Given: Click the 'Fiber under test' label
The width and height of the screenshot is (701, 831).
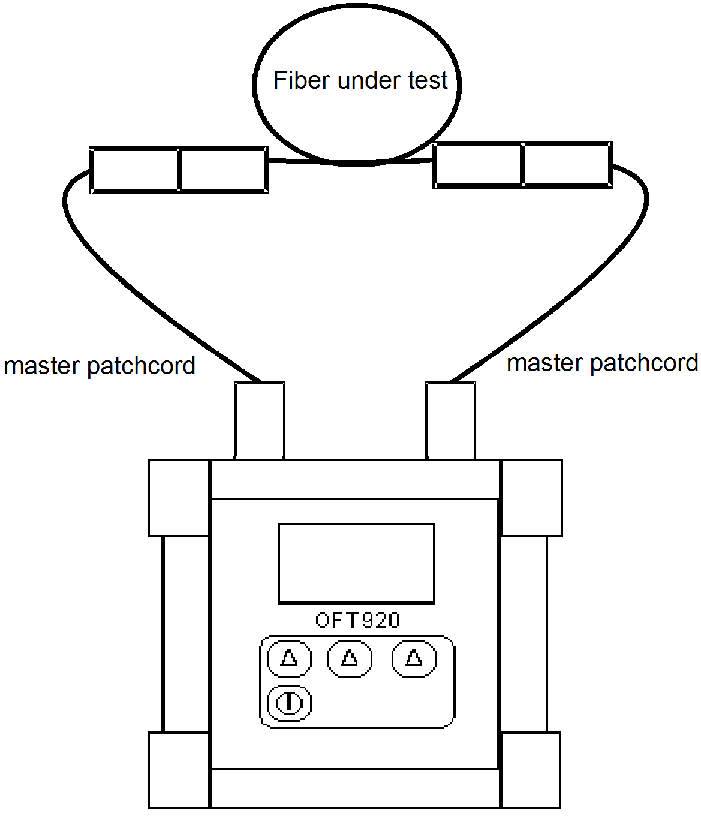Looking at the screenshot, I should [x=360, y=80].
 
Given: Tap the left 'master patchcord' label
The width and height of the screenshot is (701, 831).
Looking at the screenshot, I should [x=100, y=366].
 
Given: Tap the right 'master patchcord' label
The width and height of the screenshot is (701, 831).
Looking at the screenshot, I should [x=602, y=363].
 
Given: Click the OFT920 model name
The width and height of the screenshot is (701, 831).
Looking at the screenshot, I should [x=357, y=620].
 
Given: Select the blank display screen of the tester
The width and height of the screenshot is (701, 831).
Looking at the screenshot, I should [x=356, y=563].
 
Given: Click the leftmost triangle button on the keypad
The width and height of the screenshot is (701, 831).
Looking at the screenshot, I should [x=289, y=658].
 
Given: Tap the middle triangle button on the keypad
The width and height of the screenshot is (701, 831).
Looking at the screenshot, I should [x=350, y=658].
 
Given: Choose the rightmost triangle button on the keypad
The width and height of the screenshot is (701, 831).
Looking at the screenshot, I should [x=414, y=658].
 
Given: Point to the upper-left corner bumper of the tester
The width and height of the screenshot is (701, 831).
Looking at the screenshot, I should [x=179, y=498].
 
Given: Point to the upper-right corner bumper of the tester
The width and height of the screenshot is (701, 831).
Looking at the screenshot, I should [x=531, y=498].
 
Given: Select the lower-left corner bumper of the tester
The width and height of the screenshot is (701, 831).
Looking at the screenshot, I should [x=179, y=770].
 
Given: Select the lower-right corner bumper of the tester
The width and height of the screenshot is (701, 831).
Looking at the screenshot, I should [x=531, y=770].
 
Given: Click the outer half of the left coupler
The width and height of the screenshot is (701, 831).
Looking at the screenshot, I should [x=134, y=170].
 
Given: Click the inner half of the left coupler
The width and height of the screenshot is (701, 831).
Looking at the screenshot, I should [x=223, y=170].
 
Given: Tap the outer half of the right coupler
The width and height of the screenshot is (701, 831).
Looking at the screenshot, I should [x=567, y=164].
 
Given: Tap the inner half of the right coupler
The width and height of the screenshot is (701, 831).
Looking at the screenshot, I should [x=478, y=164].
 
